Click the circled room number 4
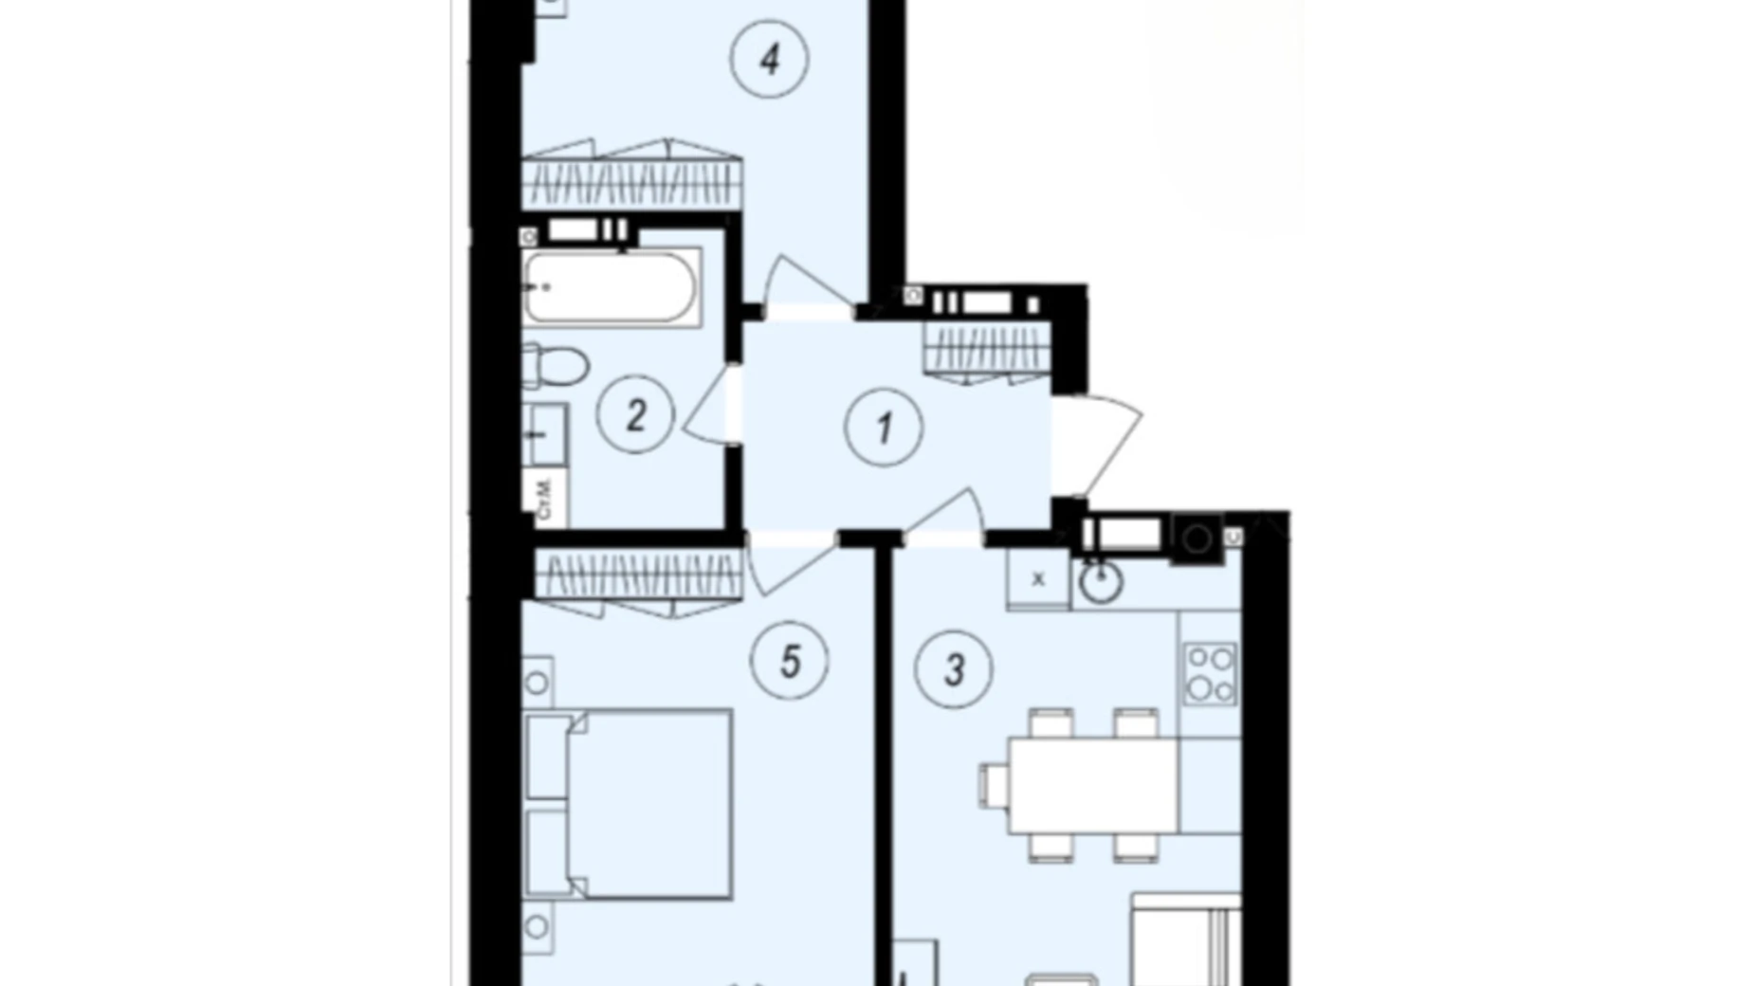(769, 59)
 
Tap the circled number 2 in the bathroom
(635, 414)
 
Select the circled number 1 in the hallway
(884, 428)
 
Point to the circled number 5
(789, 661)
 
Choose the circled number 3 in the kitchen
(953, 670)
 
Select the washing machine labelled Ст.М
(544, 498)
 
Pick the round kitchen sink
(1101, 582)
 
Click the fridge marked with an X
(1038, 578)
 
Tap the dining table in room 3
(1092, 786)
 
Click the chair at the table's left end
(994, 786)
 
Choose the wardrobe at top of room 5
(637, 576)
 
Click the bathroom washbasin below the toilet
(544, 435)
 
